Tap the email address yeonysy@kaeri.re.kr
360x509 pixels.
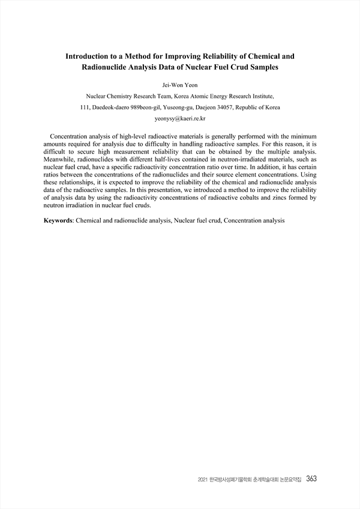coord(180,119)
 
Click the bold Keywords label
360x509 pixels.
coord(58,220)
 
